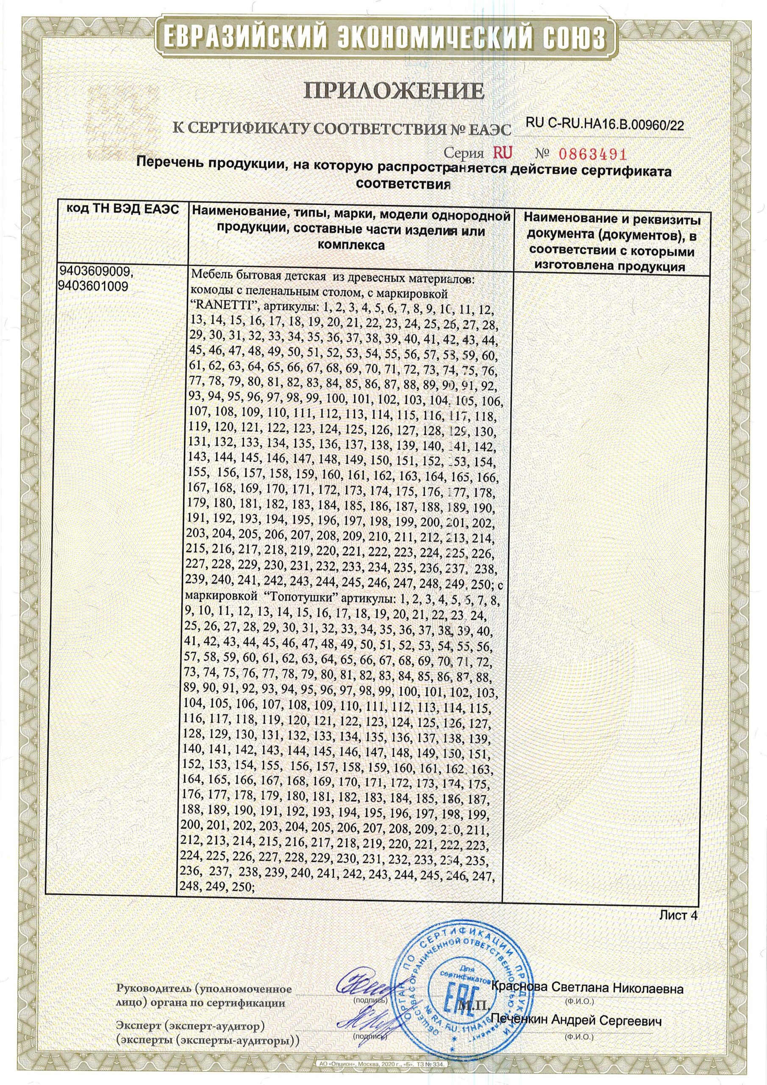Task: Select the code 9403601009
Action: coord(94,286)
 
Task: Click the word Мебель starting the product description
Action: coord(208,275)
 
